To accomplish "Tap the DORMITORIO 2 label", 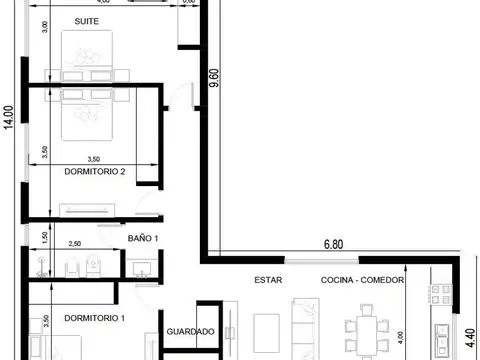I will click(x=94, y=172).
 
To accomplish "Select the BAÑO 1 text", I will click(x=143, y=238).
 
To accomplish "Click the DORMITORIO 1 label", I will click(x=94, y=318).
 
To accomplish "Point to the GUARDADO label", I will click(x=190, y=331).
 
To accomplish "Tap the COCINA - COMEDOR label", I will click(x=362, y=281).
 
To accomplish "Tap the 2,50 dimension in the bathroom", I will click(x=73, y=243).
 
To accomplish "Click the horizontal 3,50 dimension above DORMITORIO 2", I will click(x=93, y=158).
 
